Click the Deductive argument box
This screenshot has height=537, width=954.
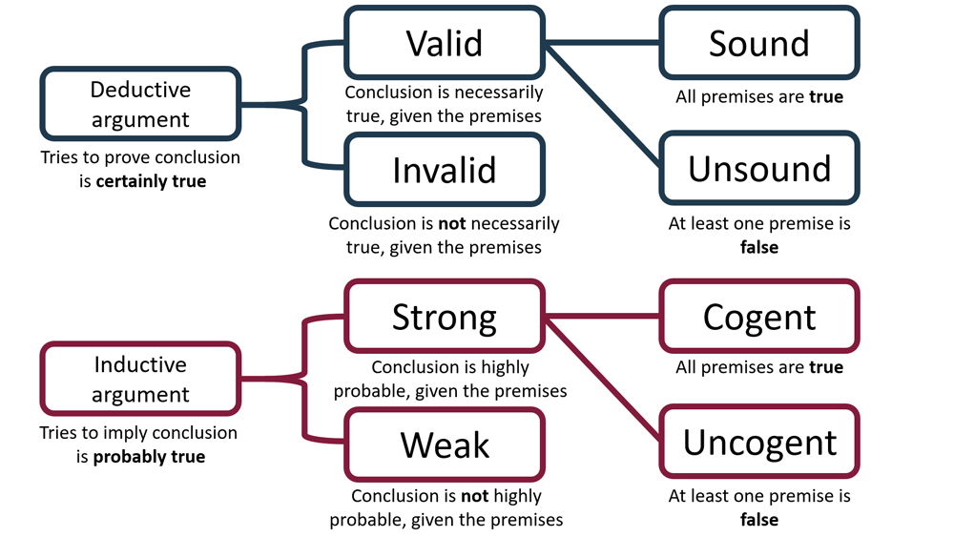click(x=140, y=105)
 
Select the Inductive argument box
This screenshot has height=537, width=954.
click(x=140, y=380)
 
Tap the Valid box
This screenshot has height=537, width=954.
click(x=445, y=43)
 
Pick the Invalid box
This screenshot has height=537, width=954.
click(x=445, y=170)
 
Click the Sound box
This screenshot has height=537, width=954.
click(x=759, y=43)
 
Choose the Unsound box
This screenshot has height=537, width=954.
click(x=759, y=168)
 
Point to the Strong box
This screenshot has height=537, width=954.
click(x=445, y=317)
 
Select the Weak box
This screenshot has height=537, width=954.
click(x=445, y=444)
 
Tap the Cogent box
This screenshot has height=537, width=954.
click(x=759, y=317)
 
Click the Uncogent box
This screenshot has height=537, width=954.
click(x=759, y=443)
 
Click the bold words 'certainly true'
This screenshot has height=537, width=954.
click(x=151, y=180)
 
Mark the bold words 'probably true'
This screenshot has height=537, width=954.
click(x=149, y=456)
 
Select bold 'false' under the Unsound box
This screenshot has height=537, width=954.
click(x=759, y=247)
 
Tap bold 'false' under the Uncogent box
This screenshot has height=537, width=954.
click(x=759, y=521)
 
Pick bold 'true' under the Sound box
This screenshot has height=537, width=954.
click(x=826, y=96)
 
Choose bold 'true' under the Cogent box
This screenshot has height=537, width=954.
click(x=826, y=368)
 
